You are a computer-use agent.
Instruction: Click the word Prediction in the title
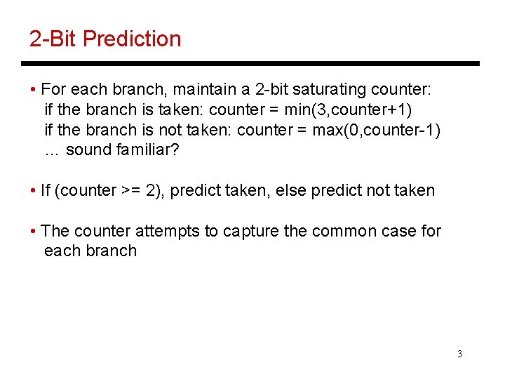pyautogui.click(x=132, y=39)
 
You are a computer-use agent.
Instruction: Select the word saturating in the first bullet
pyautogui.click(x=330, y=90)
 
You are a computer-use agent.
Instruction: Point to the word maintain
pyautogui.click(x=204, y=90)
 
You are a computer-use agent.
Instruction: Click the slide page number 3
pyautogui.click(x=459, y=354)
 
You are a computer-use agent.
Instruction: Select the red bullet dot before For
pyautogui.click(x=34, y=91)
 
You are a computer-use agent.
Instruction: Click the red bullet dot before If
pyautogui.click(x=34, y=191)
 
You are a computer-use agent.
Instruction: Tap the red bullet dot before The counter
pyautogui.click(x=34, y=232)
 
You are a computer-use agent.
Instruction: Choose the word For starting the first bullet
pyautogui.click(x=53, y=90)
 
